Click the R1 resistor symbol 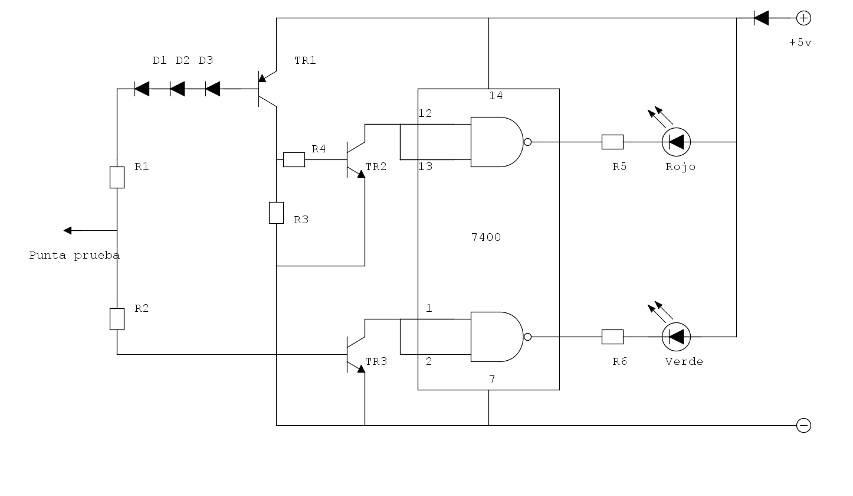[117, 177]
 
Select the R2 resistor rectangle [117, 319]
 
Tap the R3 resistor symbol [277, 213]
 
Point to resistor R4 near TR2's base [294, 159]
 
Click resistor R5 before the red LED [612, 142]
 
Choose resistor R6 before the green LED [612, 337]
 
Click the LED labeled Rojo [676, 142]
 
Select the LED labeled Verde [676, 337]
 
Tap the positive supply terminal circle [803, 18]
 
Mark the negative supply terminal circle [803, 425]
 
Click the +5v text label [800, 43]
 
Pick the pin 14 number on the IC [496, 96]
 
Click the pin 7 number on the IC [492, 378]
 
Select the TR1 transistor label [305, 60]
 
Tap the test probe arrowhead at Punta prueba [68, 230]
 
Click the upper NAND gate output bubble [527, 142]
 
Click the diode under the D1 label [142, 89]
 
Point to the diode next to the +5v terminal [761, 18]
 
